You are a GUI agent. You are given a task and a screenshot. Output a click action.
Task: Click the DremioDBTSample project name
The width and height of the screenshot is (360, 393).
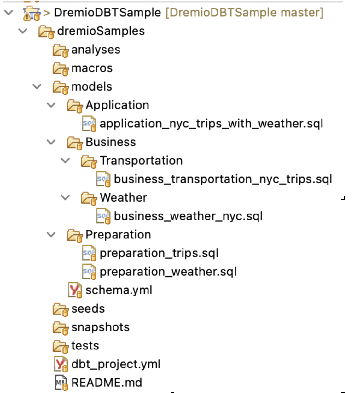[107, 13]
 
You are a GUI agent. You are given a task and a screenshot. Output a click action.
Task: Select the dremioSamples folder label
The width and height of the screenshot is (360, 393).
[101, 31]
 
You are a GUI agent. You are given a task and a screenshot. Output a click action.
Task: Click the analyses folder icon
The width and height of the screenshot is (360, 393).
[61, 50]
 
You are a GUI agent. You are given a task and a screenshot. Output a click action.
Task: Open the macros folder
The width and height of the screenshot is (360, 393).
[92, 68]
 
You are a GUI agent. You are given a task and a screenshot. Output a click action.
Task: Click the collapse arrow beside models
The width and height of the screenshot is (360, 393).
[37, 86]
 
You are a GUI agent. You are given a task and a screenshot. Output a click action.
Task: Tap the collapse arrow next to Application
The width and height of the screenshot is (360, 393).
[51, 105]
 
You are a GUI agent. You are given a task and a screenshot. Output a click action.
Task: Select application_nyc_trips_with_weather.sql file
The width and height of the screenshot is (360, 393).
[211, 124]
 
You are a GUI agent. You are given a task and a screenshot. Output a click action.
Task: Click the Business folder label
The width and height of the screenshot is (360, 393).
[111, 142]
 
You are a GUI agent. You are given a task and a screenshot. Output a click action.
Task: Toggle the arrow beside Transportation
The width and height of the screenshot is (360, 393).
[65, 161]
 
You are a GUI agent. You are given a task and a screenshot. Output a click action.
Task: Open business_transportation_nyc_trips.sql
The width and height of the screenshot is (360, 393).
[223, 179]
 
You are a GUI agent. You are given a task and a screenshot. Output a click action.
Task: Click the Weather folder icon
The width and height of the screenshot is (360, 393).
[89, 198]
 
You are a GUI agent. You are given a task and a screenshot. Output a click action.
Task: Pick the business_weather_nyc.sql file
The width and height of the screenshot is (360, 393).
[188, 216]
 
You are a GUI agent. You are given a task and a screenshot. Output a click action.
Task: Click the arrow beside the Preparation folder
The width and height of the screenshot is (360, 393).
[51, 235]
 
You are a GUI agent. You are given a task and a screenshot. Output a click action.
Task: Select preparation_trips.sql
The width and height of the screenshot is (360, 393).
[159, 253]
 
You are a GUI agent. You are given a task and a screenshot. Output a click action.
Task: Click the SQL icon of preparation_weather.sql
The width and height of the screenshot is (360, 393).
[89, 272]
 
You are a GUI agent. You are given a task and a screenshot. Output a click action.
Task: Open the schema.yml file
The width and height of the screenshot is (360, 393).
[119, 290]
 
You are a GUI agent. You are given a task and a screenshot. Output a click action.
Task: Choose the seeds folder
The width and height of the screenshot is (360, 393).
[88, 309]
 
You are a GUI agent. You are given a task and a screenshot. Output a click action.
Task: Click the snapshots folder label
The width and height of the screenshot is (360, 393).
[100, 327]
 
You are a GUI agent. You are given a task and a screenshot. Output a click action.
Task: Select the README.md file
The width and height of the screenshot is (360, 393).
[107, 383]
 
